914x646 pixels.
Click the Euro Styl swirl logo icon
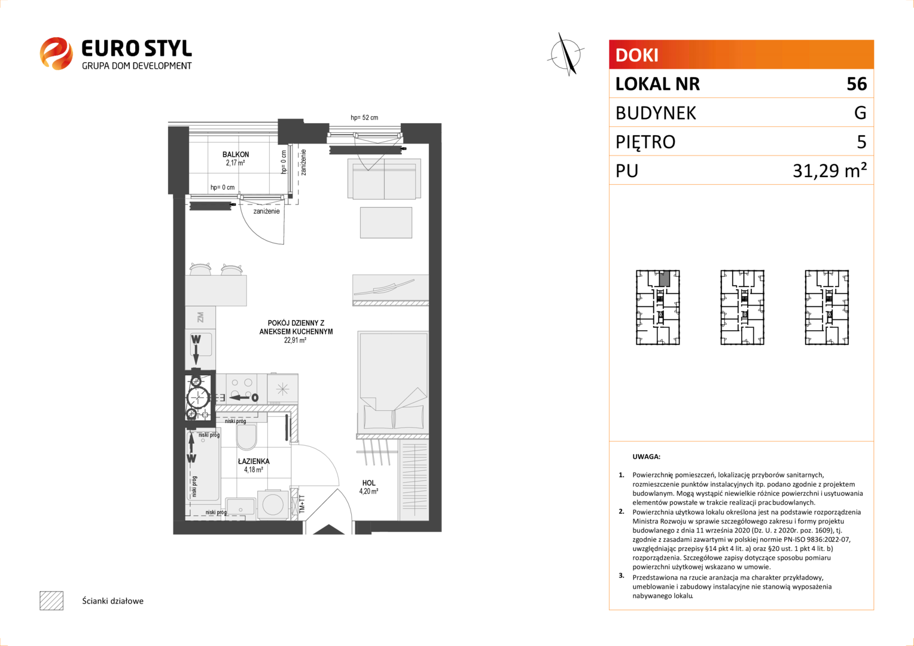(x=56, y=53)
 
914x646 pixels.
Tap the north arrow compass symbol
(x=566, y=54)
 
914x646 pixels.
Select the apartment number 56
(x=857, y=84)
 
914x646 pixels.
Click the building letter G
(x=860, y=112)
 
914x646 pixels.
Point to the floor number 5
(x=861, y=142)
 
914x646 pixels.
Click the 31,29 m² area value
(x=830, y=170)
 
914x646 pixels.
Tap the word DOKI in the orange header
(x=636, y=55)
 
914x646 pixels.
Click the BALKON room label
(x=236, y=154)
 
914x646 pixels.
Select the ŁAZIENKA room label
(x=254, y=461)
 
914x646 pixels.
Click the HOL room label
(x=368, y=483)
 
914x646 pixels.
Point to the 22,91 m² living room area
(x=295, y=340)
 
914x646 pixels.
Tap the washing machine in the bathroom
(x=273, y=505)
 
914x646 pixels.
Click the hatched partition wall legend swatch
(x=51, y=601)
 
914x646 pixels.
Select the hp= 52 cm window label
(x=364, y=117)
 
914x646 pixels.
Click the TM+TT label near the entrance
(x=302, y=504)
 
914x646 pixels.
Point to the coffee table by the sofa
(x=386, y=223)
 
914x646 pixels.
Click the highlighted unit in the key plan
(x=665, y=278)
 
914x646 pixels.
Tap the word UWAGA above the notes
(x=647, y=456)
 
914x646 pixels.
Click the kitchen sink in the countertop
(x=201, y=345)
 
